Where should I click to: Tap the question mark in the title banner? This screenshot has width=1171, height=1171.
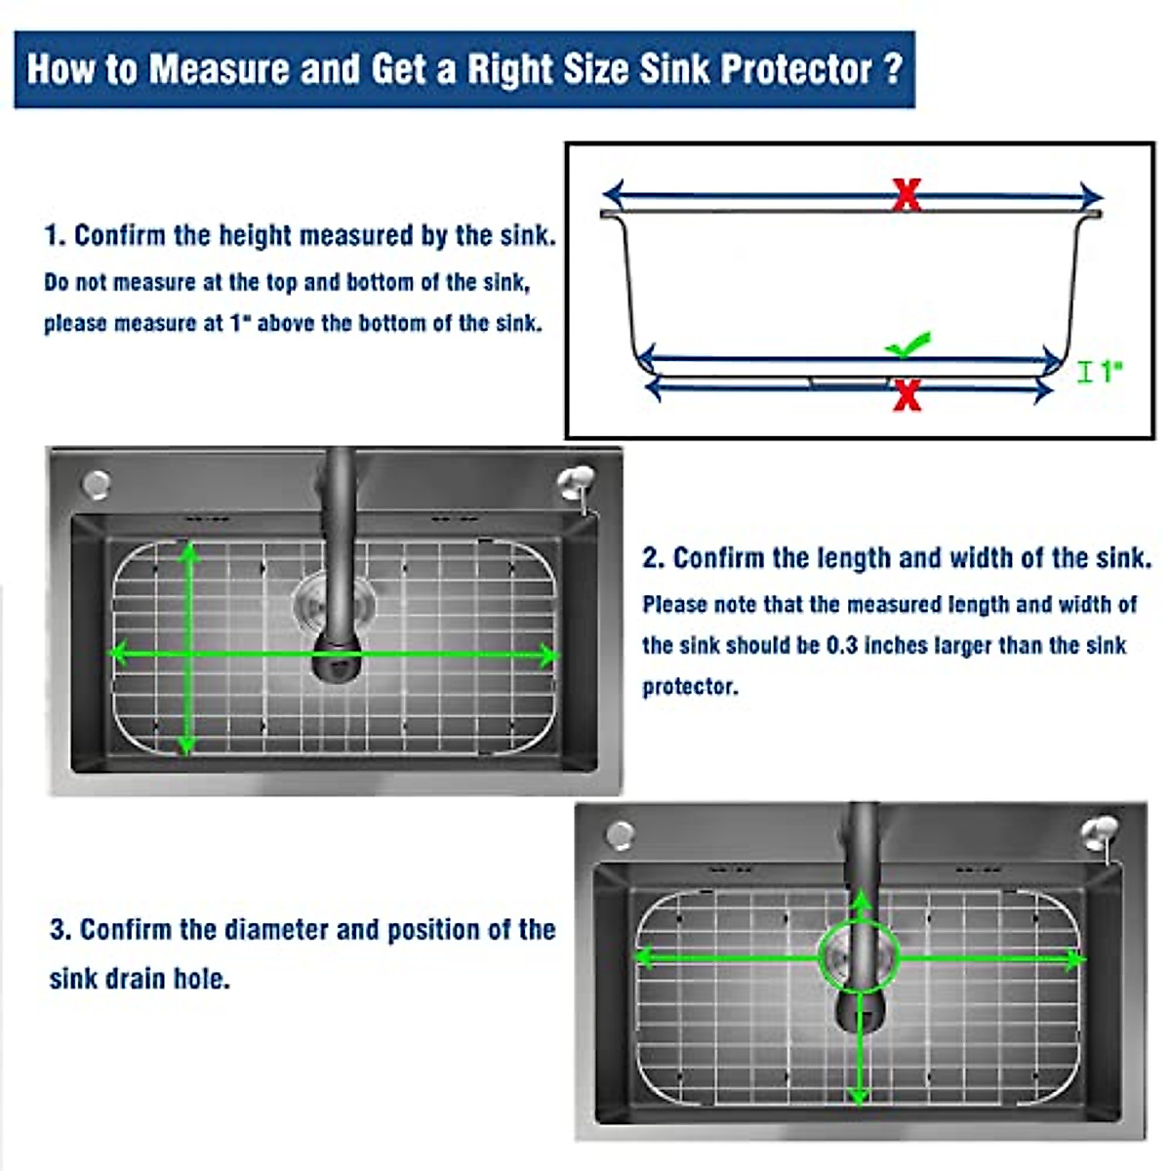[892, 69]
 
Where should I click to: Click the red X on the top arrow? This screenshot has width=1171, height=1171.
[907, 195]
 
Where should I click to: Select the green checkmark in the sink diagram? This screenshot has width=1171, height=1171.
[908, 346]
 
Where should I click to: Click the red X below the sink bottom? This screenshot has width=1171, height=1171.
[907, 394]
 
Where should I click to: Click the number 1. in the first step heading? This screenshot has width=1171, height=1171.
[55, 236]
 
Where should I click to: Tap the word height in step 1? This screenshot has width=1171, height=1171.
[255, 236]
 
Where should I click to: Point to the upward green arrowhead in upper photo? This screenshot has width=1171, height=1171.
[188, 552]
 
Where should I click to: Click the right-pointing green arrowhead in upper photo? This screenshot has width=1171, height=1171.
[550, 655]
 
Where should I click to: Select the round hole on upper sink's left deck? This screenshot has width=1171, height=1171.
[97, 483]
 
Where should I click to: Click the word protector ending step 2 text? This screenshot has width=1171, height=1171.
[689, 687]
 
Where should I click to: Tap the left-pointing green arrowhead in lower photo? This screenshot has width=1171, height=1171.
[645, 957]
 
